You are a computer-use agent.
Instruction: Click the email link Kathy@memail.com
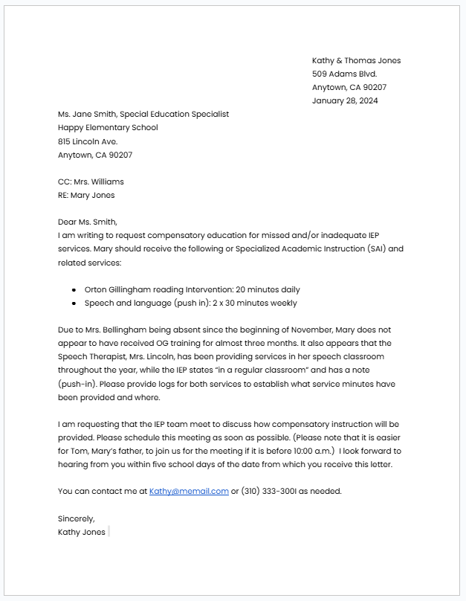tap(189, 491)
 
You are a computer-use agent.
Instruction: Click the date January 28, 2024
tap(345, 100)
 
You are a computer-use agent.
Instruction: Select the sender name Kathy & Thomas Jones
tap(356, 60)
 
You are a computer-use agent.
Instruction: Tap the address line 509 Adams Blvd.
tap(344, 74)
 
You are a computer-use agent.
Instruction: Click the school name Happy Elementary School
tap(108, 127)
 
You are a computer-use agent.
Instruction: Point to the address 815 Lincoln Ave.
tap(88, 141)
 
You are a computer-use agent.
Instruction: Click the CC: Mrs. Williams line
tap(91, 181)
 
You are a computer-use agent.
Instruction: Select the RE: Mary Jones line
tap(86, 195)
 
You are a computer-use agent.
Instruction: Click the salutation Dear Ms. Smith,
tap(88, 222)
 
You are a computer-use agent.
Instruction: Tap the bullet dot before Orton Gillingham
tap(74, 290)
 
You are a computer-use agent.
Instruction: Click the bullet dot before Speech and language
tap(74, 303)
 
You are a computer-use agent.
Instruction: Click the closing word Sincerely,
tap(77, 518)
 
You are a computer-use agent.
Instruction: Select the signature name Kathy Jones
tap(82, 532)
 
